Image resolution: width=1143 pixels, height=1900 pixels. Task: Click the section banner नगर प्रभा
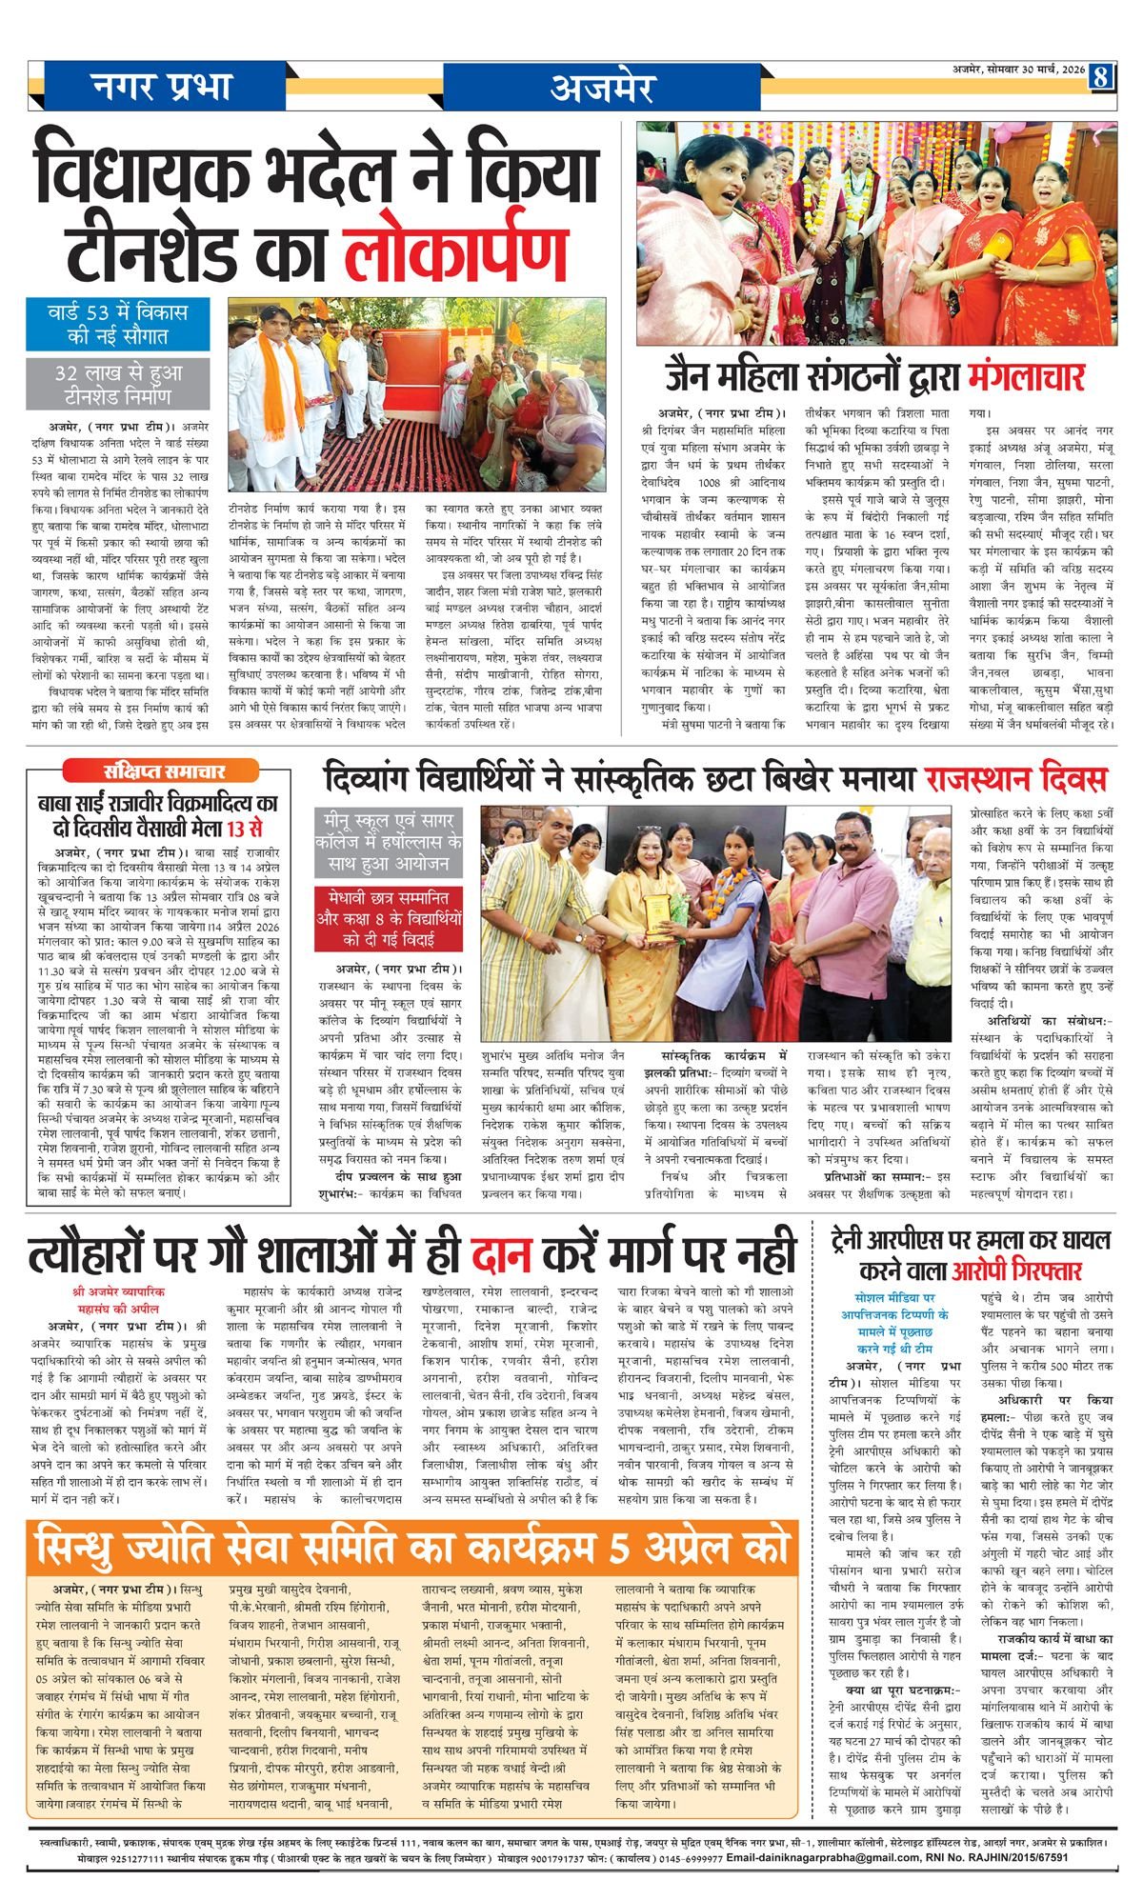click(x=162, y=87)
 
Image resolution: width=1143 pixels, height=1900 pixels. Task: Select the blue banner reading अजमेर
click(x=601, y=87)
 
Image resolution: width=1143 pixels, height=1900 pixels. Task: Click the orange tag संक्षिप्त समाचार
click(x=146, y=770)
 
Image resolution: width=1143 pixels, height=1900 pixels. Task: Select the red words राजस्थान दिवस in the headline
click(x=1014, y=780)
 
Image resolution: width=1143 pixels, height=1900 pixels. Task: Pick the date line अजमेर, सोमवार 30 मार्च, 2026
click(x=1018, y=70)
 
